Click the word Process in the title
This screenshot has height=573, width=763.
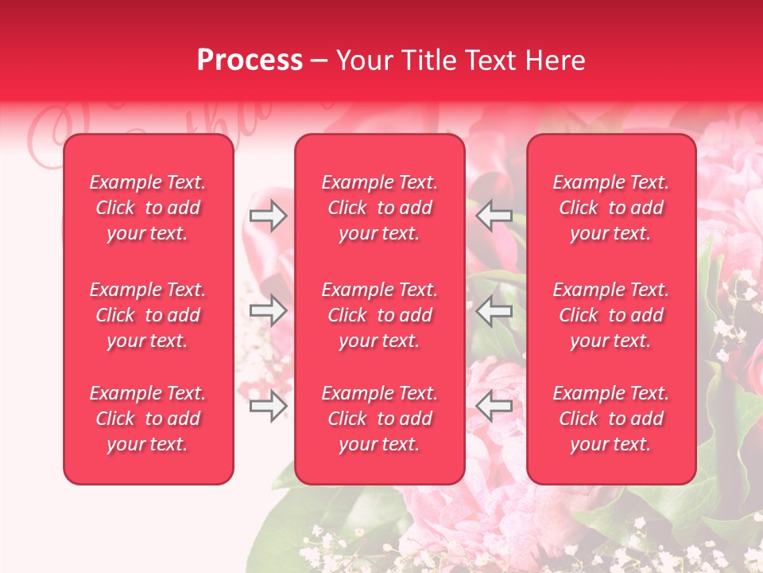click(250, 60)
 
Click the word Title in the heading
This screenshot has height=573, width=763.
click(426, 60)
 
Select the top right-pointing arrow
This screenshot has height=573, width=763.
click(269, 216)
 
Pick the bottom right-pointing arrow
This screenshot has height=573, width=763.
click(269, 407)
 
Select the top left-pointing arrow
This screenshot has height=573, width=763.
click(494, 215)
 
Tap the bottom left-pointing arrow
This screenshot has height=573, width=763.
click(494, 407)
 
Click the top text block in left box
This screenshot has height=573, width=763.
click(148, 208)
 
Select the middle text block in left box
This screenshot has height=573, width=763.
click(148, 315)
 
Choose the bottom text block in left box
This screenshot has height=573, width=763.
click(148, 419)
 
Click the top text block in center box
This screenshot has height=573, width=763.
click(380, 208)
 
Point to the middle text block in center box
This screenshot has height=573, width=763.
click(380, 315)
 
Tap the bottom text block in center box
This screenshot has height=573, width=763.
click(380, 419)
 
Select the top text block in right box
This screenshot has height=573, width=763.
click(611, 208)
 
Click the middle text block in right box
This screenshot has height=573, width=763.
click(611, 315)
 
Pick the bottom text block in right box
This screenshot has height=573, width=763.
click(611, 419)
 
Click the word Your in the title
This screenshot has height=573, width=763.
click(363, 60)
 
